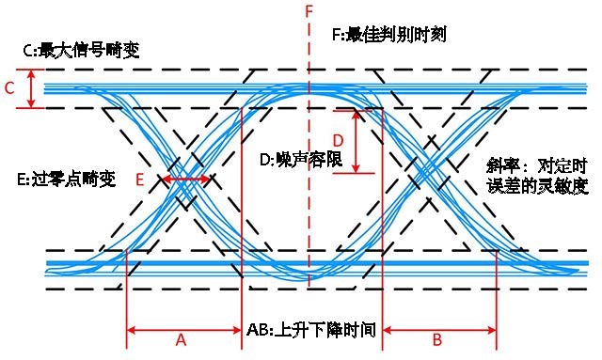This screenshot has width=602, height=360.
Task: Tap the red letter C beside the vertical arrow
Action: tap(9, 89)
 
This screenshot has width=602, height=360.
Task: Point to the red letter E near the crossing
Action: tap(139, 179)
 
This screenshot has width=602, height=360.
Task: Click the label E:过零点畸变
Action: tap(66, 179)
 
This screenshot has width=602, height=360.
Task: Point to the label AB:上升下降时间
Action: tap(311, 331)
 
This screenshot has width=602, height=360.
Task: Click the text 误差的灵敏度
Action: tap(541, 186)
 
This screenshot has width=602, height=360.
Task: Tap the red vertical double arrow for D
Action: tap(356, 142)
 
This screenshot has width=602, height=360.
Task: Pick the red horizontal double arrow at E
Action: tap(186, 179)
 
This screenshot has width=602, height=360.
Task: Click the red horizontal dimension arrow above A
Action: tap(184, 330)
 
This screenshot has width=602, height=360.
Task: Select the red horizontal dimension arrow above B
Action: tap(439, 330)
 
